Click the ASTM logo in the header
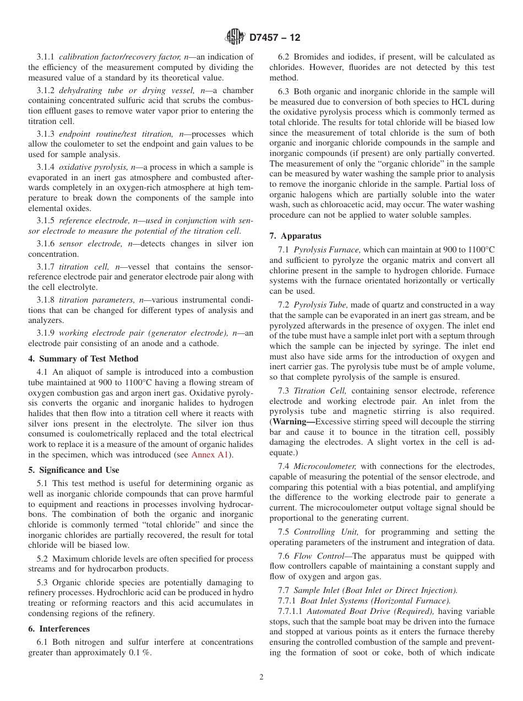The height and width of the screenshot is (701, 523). tap(235, 38)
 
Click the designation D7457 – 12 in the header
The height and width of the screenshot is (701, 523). tap(275, 38)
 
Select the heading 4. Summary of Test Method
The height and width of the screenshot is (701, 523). tap(83, 358)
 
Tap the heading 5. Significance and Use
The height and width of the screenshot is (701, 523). tap(74, 470)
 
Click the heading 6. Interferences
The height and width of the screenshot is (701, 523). tap(59, 629)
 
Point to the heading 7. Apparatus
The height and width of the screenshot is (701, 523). tap(295, 235)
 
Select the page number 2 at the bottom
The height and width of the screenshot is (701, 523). tap(261, 677)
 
